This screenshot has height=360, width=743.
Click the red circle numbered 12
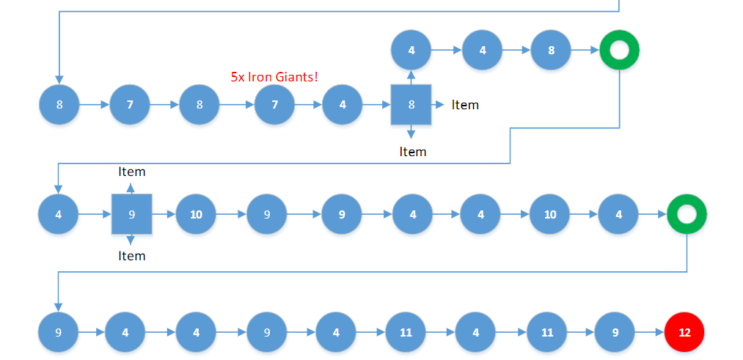click(x=684, y=332)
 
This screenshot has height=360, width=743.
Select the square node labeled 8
click(x=411, y=105)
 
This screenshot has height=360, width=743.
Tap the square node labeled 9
click(x=131, y=215)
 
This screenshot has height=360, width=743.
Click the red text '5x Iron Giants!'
click(x=274, y=76)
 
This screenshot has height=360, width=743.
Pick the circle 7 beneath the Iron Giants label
click(x=274, y=105)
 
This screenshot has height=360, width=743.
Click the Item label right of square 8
click(x=465, y=105)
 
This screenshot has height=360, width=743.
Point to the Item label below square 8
click(x=412, y=152)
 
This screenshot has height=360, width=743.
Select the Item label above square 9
click(x=132, y=172)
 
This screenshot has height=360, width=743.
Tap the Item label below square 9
click(x=132, y=256)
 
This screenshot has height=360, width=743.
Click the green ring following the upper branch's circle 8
click(x=619, y=51)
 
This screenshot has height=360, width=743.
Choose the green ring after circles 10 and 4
click(x=687, y=215)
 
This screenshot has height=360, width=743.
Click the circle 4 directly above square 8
click(x=411, y=51)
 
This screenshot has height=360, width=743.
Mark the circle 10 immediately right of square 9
click(x=196, y=215)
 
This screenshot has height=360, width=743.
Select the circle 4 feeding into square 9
click(x=59, y=215)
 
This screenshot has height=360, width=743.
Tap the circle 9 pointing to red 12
click(x=615, y=332)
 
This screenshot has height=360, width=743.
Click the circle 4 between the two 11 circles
click(x=475, y=332)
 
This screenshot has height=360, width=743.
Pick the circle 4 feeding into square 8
click(x=343, y=105)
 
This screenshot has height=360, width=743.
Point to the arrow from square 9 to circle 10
click(x=163, y=215)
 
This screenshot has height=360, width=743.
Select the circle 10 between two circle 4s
click(x=549, y=215)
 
